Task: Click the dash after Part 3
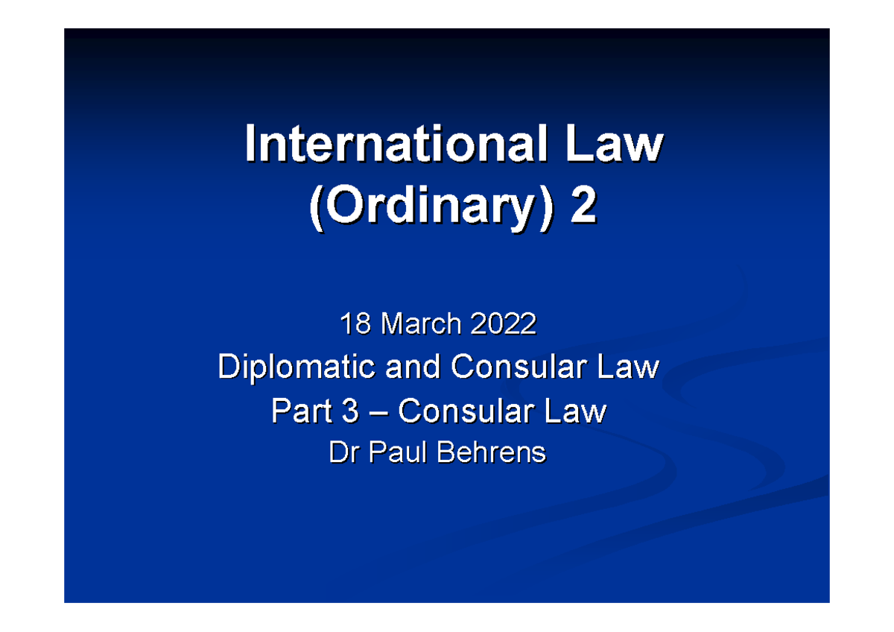(x=377, y=412)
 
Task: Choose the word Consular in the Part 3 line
(x=465, y=411)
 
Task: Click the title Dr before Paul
(x=343, y=452)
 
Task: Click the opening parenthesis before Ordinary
(x=314, y=209)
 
